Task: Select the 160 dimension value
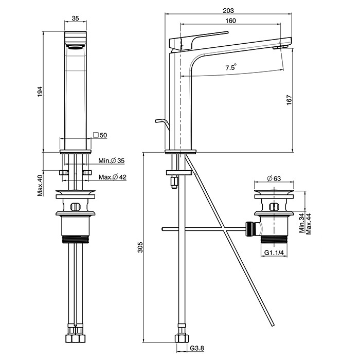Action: (230, 21)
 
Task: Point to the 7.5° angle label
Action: (231, 67)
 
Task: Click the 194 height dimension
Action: (39, 92)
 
